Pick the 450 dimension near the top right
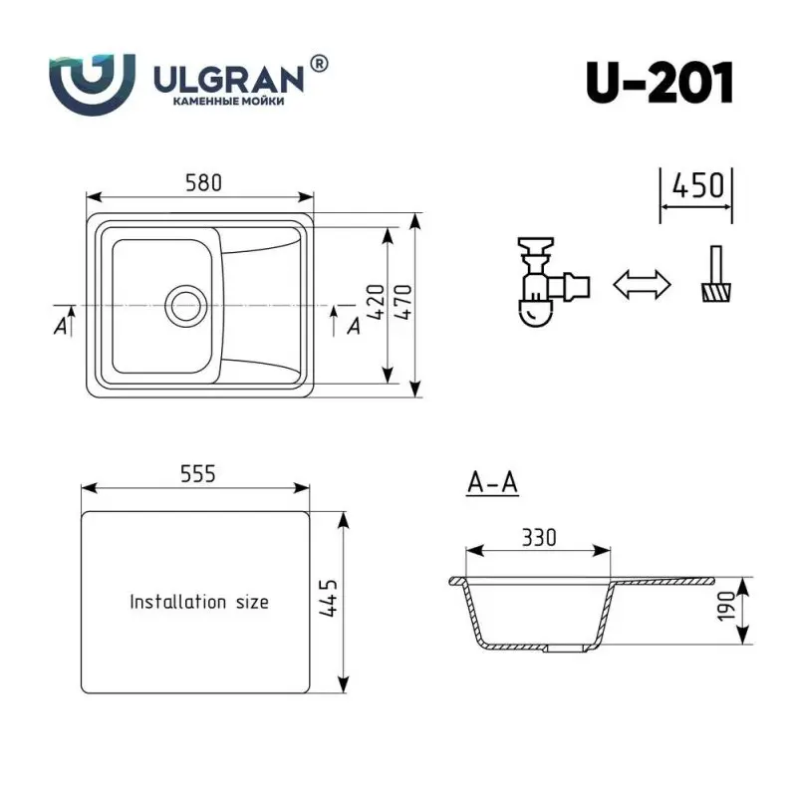click(696, 186)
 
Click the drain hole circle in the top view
click(185, 305)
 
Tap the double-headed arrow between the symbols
click(642, 284)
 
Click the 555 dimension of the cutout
click(198, 475)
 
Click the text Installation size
click(199, 602)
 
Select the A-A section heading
click(492, 483)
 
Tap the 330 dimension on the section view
click(539, 538)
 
